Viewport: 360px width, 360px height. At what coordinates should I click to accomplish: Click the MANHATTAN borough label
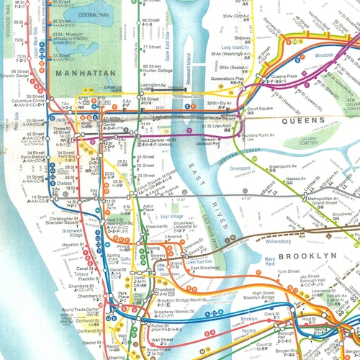click(85, 73)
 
